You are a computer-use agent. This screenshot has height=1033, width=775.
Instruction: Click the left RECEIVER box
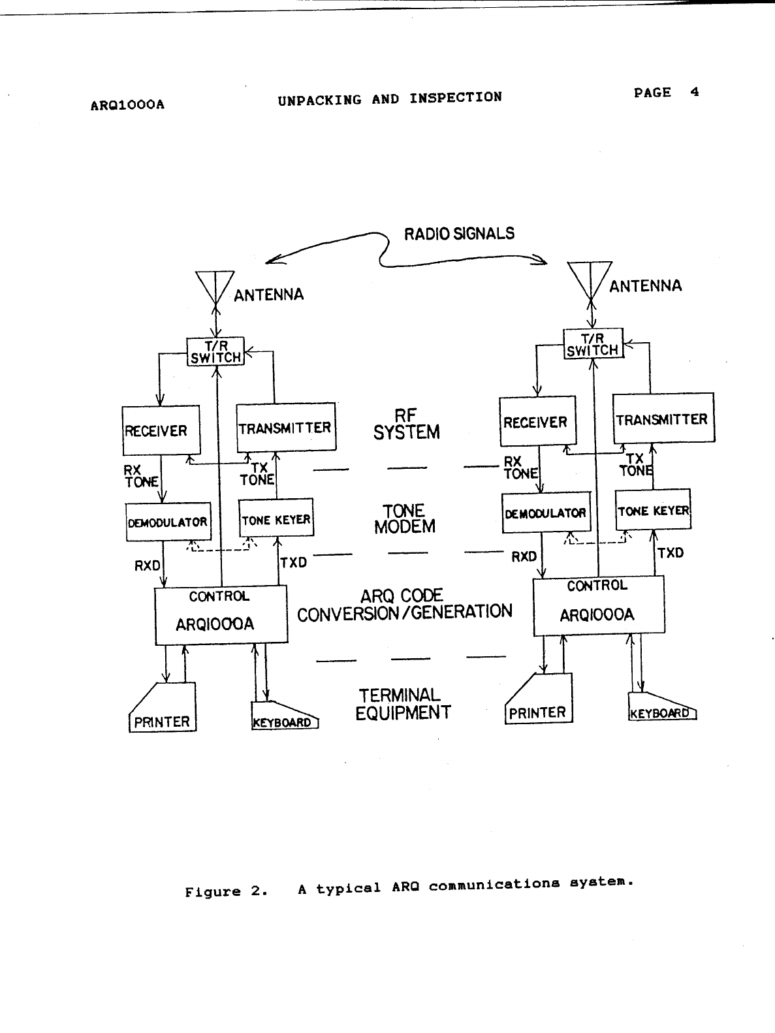pos(161,430)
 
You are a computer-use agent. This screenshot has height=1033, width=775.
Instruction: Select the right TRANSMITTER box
pos(663,418)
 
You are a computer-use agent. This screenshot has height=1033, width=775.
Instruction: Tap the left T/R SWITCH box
pos(215,351)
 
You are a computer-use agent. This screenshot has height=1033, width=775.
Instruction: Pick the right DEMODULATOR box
pos(545,513)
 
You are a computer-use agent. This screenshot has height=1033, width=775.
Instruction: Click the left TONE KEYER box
pos(276,520)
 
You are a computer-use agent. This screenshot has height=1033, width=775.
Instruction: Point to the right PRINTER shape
pos(539,702)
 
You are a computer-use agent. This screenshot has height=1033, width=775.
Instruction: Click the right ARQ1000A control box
pos(599,606)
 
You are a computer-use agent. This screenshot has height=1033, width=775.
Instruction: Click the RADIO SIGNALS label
pos(459,234)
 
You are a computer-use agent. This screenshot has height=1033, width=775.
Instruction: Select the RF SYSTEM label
pos(406,424)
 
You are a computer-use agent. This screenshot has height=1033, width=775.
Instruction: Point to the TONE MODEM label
pos(405,519)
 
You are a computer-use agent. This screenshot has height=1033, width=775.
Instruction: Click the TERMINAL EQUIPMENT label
pos(403,704)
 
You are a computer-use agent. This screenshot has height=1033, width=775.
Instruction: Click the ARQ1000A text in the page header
pos(127,104)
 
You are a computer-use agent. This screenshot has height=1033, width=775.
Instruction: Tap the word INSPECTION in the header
pos(456,98)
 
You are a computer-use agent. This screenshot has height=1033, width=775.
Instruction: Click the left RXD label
pos(147,566)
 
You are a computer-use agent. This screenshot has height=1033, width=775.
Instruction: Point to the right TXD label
pos(671,553)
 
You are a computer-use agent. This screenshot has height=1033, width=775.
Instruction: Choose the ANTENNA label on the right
pos(645,286)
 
